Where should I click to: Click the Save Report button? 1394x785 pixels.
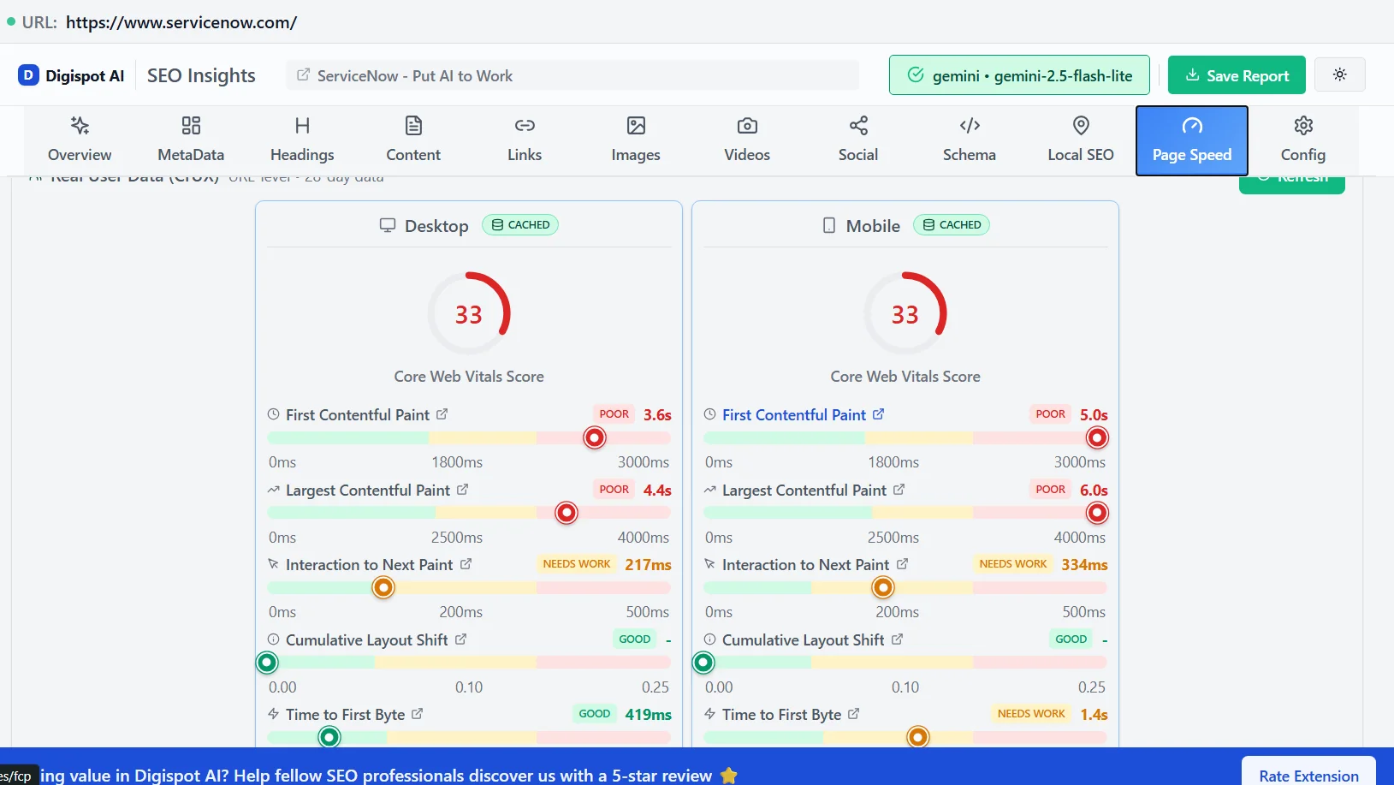[x=1236, y=75]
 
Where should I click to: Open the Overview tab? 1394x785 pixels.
[x=80, y=140]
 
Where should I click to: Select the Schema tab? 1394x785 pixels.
[x=969, y=140]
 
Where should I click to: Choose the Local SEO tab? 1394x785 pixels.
[x=1080, y=140]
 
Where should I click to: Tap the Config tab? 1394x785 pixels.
[x=1302, y=140]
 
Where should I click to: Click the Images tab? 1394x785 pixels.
[x=635, y=140]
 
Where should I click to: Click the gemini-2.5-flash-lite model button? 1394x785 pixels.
[x=1018, y=75]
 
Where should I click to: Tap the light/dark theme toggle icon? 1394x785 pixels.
[x=1339, y=74]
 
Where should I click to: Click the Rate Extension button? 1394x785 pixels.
[x=1308, y=775]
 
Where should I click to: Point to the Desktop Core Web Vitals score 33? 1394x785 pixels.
[x=469, y=314]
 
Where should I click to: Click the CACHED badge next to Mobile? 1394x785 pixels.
[x=952, y=225]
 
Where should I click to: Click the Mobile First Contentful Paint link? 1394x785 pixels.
[x=794, y=415]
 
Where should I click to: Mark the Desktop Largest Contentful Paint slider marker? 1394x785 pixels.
[x=566, y=513]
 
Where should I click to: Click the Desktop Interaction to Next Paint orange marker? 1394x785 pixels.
[x=383, y=587]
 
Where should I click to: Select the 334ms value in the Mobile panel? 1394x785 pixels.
[x=1084, y=565]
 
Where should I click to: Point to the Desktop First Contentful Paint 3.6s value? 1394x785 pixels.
[x=657, y=415]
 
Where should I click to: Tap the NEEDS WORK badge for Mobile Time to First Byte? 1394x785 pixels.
[x=1031, y=714]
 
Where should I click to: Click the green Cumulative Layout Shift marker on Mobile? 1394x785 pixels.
[x=703, y=663]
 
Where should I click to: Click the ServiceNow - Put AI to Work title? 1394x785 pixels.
[x=415, y=76]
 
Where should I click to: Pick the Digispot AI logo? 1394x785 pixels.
[x=72, y=75]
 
